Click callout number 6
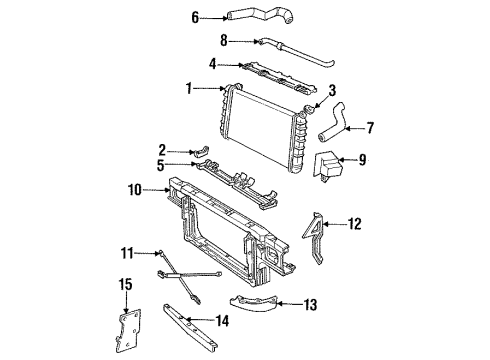point(196,16)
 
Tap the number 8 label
point(225,42)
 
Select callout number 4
point(213,65)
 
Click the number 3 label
point(332,90)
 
